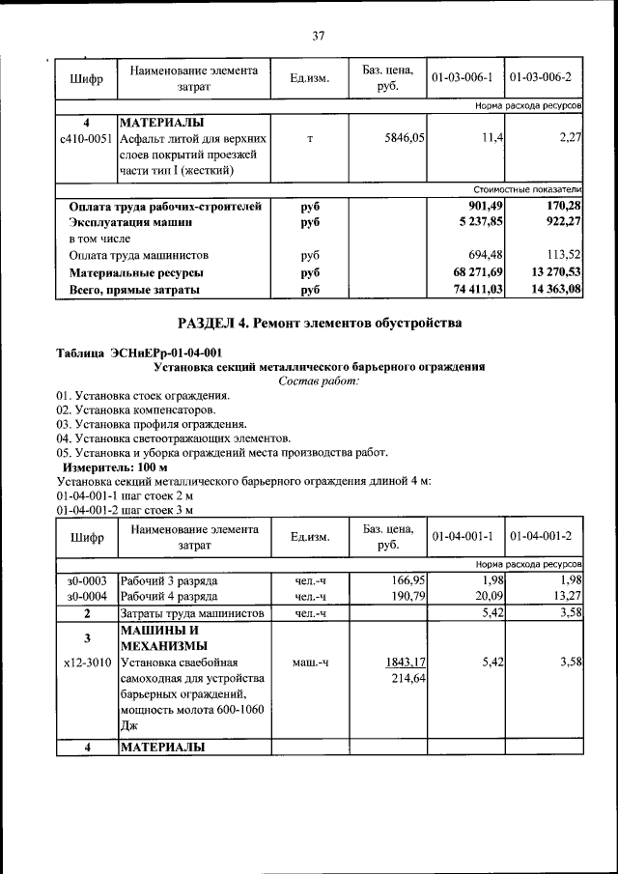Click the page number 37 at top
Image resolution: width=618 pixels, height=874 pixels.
318,36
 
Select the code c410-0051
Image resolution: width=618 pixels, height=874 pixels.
86,139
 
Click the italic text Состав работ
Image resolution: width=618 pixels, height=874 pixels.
319,381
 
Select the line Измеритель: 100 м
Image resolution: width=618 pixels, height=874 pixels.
107,466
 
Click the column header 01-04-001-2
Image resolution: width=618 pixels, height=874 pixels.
542,536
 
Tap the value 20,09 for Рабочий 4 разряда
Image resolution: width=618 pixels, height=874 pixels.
488,597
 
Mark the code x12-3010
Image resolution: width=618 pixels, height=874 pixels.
87,662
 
